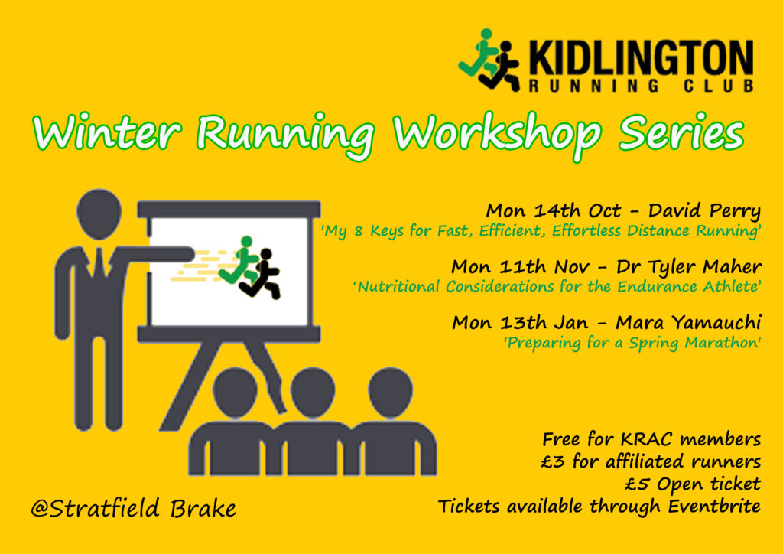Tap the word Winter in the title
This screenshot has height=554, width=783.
(x=107, y=132)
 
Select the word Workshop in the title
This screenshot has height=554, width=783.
(x=497, y=135)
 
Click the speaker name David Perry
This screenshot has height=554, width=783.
(x=704, y=211)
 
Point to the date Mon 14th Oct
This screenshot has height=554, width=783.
(x=554, y=210)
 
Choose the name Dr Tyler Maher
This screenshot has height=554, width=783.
(x=689, y=268)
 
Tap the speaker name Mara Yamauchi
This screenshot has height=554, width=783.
(x=688, y=323)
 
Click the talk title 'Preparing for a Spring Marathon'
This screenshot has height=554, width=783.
(x=632, y=344)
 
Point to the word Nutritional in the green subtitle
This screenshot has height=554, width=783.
(x=398, y=287)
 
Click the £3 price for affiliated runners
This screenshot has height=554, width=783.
(x=554, y=461)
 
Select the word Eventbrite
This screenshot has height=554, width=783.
(x=714, y=506)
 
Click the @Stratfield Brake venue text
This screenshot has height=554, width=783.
(x=133, y=509)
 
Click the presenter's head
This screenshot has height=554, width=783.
(x=99, y=213)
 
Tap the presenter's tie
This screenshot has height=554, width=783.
(x=99, y=262)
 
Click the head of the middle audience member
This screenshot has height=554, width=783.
(x=313, y=392)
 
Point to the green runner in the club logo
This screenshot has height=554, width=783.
(x=480, y=54)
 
